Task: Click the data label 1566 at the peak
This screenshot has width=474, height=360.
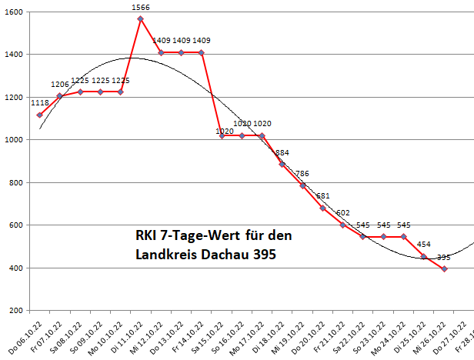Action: tap(141, 8)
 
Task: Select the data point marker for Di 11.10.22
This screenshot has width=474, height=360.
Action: tap(141, 18)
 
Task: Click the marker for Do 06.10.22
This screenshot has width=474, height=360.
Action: tap(39, 115)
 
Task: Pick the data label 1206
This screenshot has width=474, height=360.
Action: tap(60, 85)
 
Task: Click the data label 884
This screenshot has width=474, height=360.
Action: tap(282, 152)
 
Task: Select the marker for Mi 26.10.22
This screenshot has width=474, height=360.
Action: tap(445, 268)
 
